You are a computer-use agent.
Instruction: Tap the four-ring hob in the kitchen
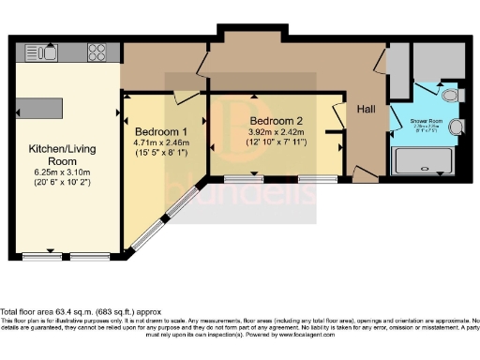click(97, 51)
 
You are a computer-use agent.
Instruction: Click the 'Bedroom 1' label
click(161, 130)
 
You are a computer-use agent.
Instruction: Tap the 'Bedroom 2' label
click(276, 121)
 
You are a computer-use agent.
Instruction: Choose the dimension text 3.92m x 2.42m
click(276, 133)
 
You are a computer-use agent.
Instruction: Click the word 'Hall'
click(367, 110)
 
